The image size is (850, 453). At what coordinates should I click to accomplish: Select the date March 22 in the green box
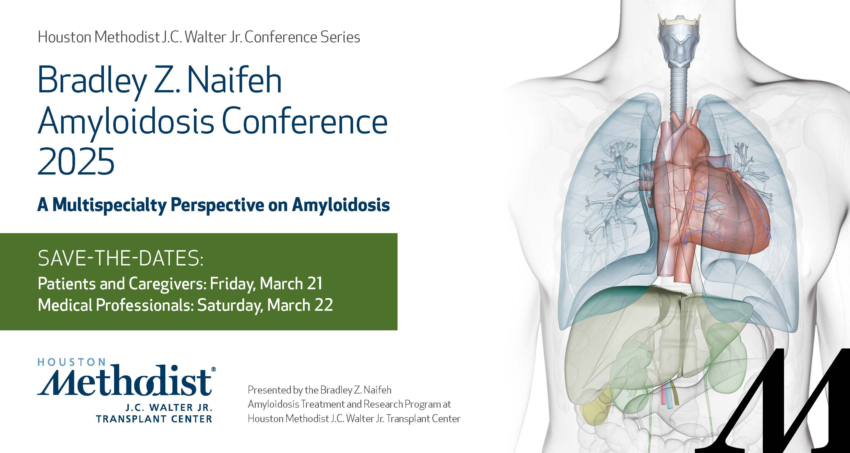300,305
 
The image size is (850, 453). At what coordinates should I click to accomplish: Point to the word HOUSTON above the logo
72,362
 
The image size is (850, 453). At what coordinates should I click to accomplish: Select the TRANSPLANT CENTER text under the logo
154,419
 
